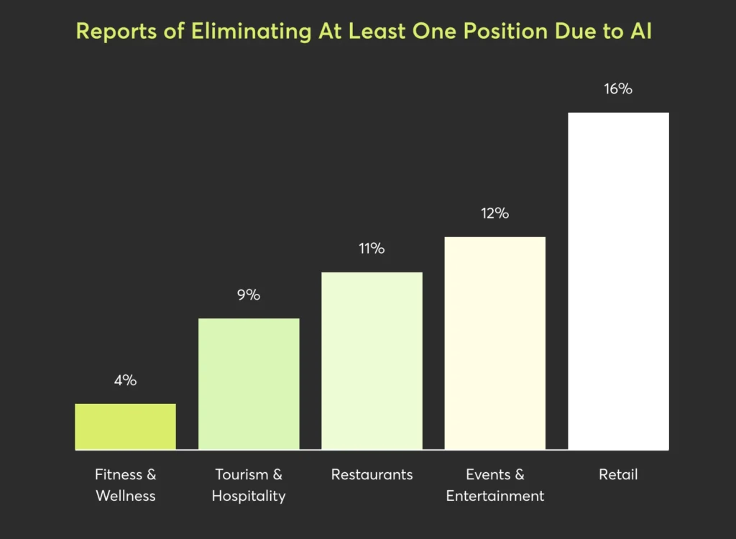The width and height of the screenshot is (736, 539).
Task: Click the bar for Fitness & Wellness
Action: tap(125, 427)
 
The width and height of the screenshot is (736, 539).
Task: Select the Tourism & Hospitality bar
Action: tap(249, 384)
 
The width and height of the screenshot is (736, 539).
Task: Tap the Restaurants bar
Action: tap(372, 361)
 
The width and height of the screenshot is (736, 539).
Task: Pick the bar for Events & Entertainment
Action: tap(495, 344)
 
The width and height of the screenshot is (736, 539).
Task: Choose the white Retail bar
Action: tap(618, 281)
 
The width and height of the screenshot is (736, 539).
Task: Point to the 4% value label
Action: tap(125, 381)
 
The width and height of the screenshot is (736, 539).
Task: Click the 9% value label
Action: tap(249, 295)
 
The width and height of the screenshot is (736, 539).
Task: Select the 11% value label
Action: tap(372, 249)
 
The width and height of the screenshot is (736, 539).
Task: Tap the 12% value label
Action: tap(495, 213)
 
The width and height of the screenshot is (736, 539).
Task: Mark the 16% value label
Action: tap(618, 89)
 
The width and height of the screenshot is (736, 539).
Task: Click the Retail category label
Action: tap(618, 474)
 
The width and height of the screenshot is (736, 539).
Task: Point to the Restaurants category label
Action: tap(372, 474)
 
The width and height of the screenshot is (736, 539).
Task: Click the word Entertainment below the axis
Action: tap(495, 496)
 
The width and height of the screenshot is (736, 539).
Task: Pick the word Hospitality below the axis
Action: tap(249, 496)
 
